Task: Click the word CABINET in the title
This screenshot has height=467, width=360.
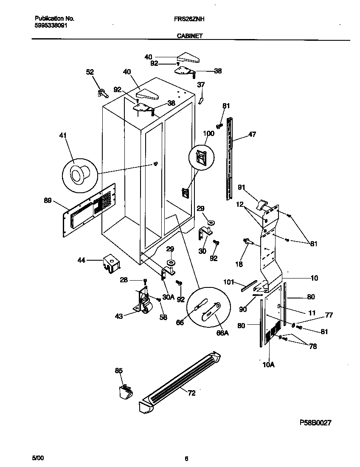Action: [x=189, y=37]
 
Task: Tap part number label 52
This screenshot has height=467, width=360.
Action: [x=90, y=72]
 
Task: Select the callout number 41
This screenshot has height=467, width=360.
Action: [x=63, y=136]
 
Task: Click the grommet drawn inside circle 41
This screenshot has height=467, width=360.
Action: [x=79, y=174]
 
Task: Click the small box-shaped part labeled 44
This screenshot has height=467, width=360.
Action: [x=111, y=262]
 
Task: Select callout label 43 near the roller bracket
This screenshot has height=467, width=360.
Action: [x=119, y=316]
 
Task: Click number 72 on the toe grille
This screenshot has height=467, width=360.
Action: [x=191, y=393]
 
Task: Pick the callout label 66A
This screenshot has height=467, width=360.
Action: [x=222, y=333]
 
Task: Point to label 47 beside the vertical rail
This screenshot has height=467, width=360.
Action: [x=252, y=134]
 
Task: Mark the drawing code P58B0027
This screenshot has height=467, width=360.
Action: [x=315, y=423]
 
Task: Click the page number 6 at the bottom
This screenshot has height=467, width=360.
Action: [x=186, y=458]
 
